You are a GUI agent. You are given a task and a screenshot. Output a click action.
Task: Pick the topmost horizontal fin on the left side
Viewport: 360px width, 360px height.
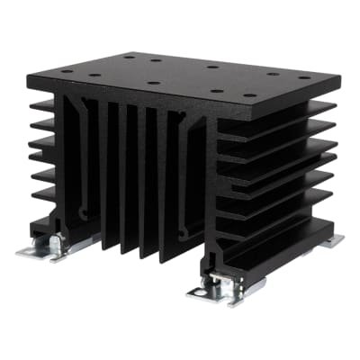click(x=42, y=105)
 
